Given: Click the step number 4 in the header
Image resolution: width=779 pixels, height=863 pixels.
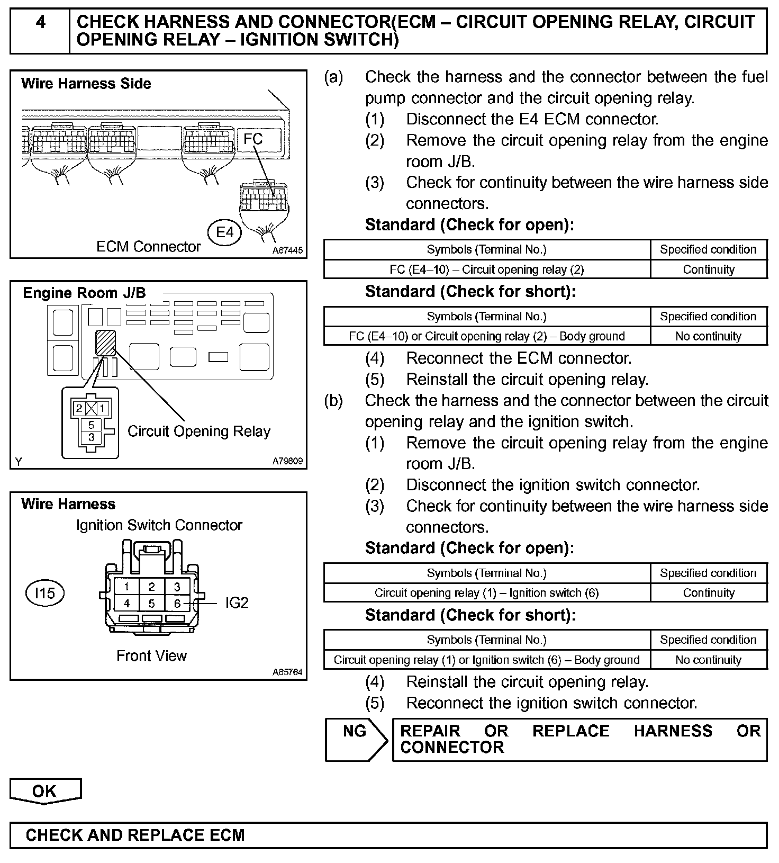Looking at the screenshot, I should [40, 22].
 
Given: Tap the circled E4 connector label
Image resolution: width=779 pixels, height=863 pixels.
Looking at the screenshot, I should [225, 232].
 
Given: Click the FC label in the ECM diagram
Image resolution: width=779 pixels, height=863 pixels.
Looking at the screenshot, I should [253, 139].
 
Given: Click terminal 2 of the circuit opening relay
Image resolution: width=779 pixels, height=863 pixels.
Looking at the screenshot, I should [79, 408].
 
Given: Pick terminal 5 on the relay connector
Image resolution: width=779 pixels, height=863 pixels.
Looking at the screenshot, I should [91, 425].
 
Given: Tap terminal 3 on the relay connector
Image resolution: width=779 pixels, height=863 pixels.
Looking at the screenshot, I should [91, 437].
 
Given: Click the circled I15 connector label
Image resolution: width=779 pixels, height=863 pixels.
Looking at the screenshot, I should [44, 593].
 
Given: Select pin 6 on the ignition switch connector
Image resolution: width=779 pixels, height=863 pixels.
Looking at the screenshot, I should [177, 603].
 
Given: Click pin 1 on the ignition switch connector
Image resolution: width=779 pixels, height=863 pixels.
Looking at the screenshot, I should [126, 587].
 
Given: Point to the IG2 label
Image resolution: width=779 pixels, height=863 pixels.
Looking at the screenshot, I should [237, 603].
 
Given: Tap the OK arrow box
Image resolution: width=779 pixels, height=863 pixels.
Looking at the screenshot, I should [45, 791].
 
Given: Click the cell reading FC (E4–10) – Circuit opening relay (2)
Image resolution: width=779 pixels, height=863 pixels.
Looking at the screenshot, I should [486, 269].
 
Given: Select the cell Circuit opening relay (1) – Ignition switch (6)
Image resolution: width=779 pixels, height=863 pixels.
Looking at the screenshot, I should [486, 593].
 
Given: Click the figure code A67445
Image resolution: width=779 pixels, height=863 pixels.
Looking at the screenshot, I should [288, 250].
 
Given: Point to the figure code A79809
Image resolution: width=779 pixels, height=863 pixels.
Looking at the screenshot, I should [288, 461].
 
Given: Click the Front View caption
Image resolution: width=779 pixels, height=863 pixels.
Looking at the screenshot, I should [151, 656].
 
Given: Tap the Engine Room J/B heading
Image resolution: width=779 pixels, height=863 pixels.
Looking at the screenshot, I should [84, 293].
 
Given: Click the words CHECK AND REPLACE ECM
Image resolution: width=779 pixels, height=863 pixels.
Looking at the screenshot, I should [135, 835].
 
